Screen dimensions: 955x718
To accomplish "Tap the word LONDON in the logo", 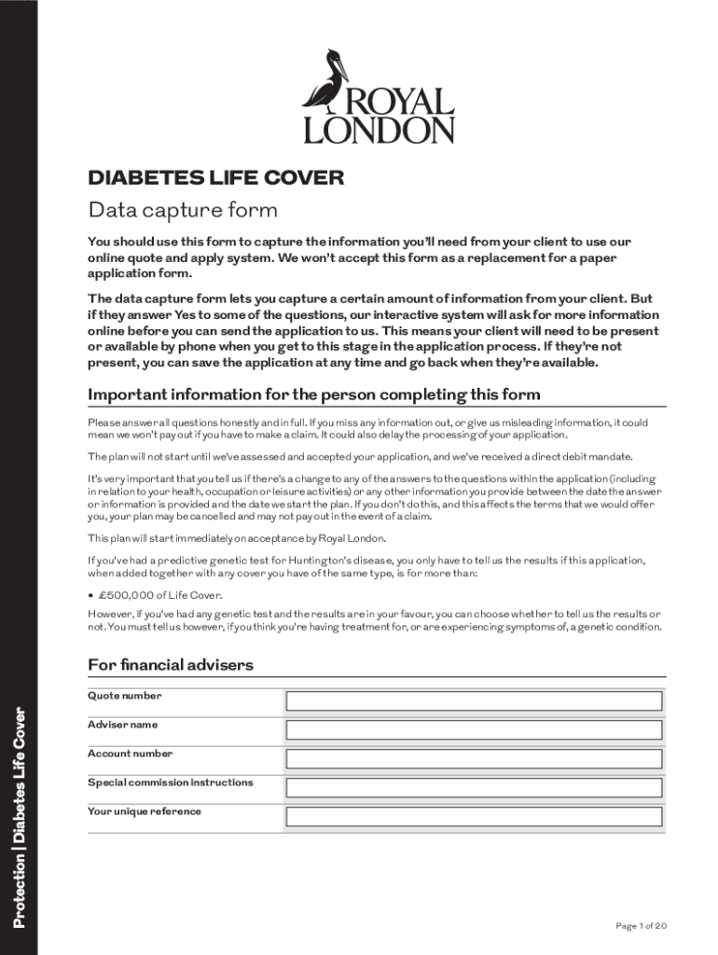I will (x=380, y=130).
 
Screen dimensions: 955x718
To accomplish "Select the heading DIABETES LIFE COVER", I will (x=215, y=177).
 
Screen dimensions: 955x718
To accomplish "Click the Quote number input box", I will (x=474, y=701).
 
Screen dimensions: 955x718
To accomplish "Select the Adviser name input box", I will (x=474, y=730).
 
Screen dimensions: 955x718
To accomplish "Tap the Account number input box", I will (x=474, y=759).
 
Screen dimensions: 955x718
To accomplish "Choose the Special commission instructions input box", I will (x=474, y=788).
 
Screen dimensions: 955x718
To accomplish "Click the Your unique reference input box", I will (x=474, y=817).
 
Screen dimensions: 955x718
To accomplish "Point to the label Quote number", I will (x=124, y=696).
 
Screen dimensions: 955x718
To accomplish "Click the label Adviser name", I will (x=122, y=725).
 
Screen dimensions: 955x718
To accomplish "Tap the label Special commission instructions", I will (x=170, y=782).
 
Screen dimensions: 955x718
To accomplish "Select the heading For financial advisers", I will (x=171, y=665).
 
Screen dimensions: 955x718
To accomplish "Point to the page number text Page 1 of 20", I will (x=641, y=925).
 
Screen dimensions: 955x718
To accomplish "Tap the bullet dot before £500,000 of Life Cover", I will (x=90, y=595).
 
